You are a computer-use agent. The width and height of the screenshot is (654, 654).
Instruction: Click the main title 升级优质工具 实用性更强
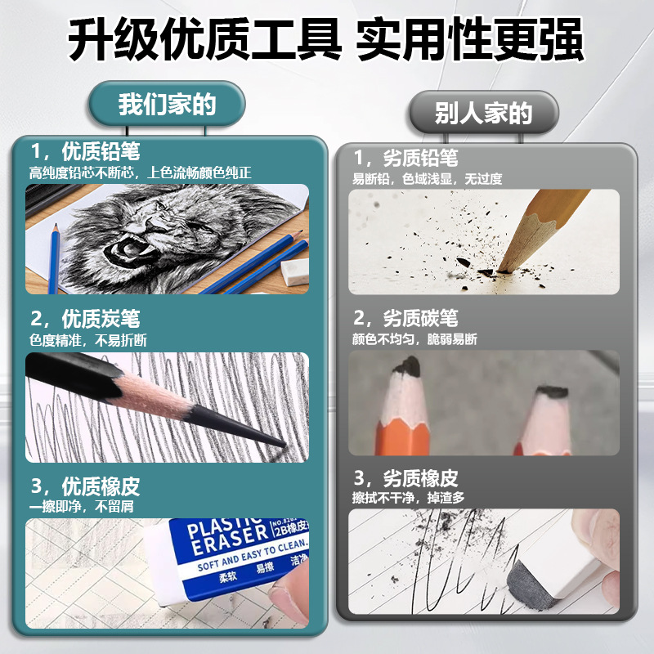[x=326, y=38]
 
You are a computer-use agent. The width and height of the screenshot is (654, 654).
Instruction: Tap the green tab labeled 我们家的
[x=166, y=105]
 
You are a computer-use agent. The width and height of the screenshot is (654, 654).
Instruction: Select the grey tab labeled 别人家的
[x=483, y=113]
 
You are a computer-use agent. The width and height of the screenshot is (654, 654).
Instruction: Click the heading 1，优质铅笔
[x=85, y=151]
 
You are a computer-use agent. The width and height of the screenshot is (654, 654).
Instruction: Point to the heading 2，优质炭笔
[x=85, y=318]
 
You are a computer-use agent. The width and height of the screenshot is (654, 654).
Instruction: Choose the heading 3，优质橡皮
[x=85, y=486]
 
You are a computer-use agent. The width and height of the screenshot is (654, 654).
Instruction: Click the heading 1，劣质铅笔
[x=405, y=157]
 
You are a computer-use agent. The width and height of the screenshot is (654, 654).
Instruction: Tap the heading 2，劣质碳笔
[x=405, y=317]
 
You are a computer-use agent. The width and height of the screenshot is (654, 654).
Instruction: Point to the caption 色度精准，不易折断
[x=88, y=339]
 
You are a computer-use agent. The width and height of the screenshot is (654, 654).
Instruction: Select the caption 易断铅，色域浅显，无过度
[x=427, y=178]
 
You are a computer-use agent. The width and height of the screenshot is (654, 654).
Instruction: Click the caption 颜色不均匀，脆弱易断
[x=414, y=338]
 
